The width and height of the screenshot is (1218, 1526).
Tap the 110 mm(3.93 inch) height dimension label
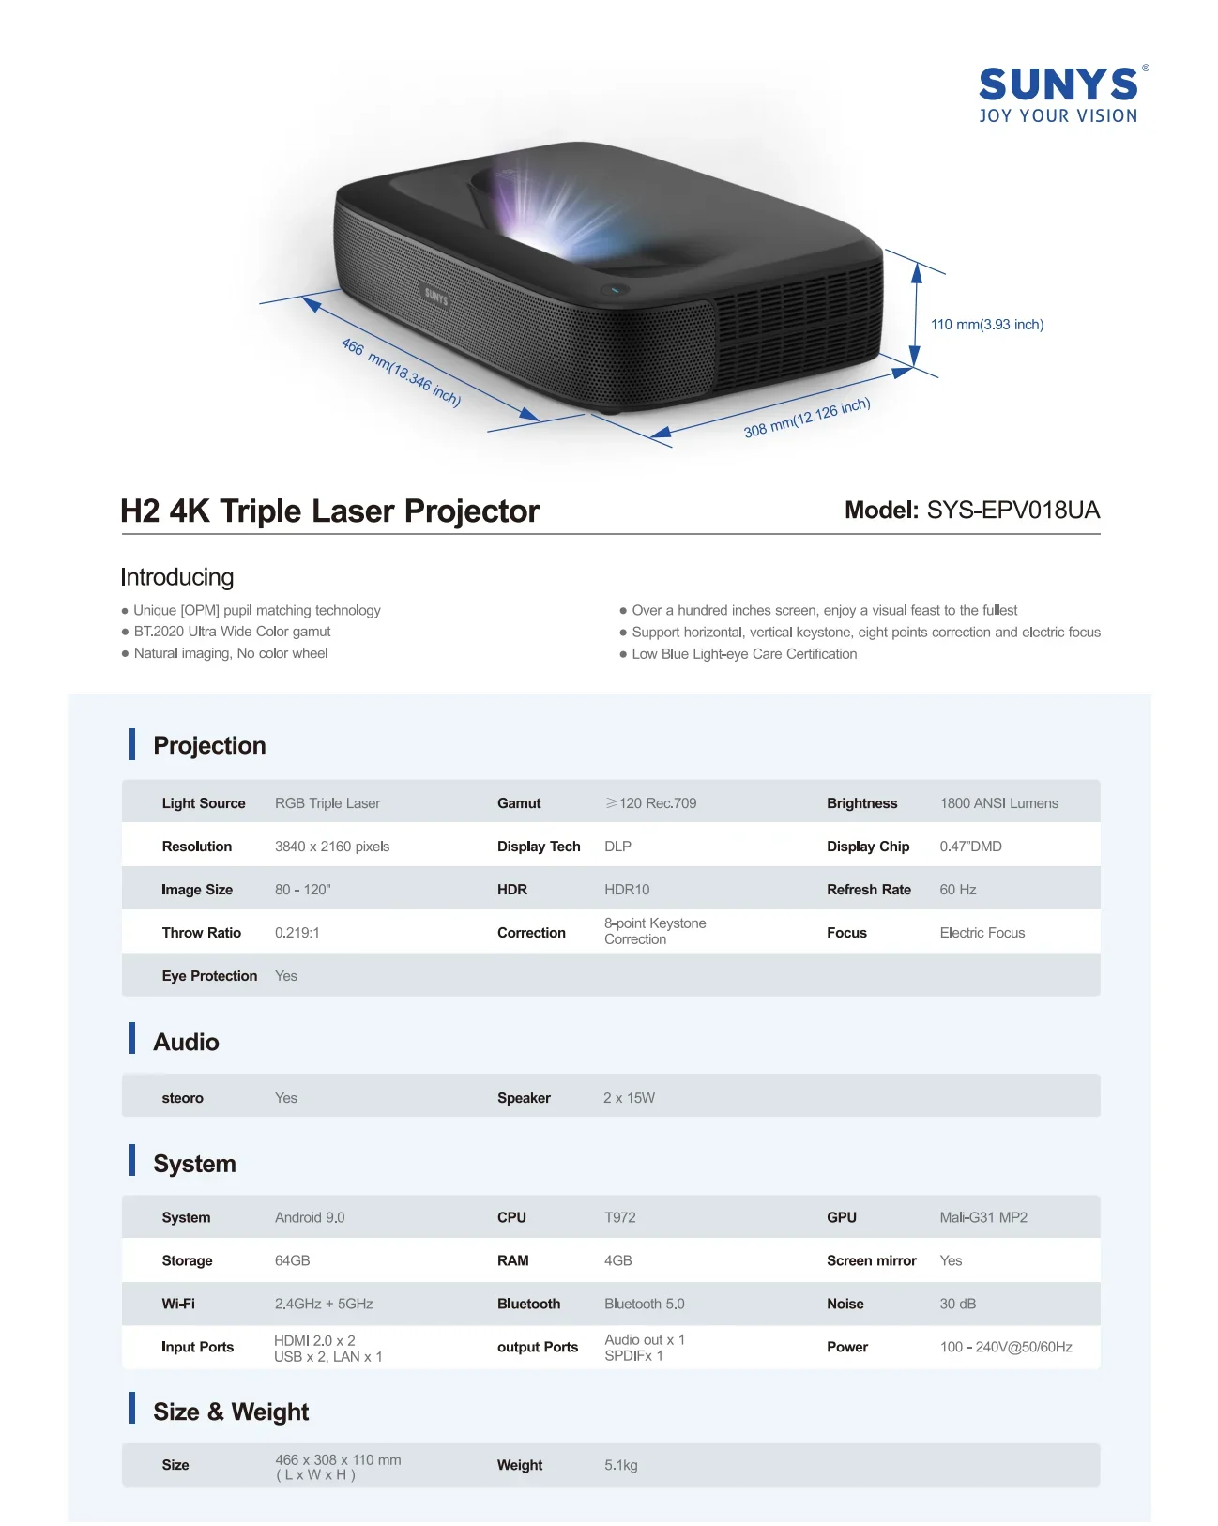click(987, 325)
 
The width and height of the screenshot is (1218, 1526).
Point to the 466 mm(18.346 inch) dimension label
click(401, 373)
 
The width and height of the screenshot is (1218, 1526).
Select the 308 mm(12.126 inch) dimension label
click(807, 418)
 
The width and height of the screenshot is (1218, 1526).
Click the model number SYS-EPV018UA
click(1012, 511)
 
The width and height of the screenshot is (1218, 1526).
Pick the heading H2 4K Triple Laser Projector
click(330, 511)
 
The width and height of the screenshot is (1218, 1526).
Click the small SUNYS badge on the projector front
click(436, 297)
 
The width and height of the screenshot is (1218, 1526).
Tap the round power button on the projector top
click(615, 289)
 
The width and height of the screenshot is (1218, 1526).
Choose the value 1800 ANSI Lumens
click(998, 803)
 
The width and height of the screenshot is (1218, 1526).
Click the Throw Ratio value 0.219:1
click(297, 933)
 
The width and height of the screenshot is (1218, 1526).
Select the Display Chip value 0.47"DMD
click(970, 847)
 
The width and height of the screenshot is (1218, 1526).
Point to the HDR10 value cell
click(627, 890)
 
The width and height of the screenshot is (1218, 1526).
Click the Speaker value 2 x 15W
click(629, 1098)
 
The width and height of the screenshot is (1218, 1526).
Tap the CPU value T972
click(619, 1217)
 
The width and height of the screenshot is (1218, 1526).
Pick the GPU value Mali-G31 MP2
click(983, 1217)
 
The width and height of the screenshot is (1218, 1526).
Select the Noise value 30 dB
click(957, 1304)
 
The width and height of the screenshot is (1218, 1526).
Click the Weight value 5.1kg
click(620, 1465)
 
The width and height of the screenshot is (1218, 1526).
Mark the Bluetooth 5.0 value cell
click(644, 1304)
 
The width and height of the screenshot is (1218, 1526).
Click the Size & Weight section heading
click(231, 1412)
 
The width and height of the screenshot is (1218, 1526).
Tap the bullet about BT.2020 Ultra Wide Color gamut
click(232, 632)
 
